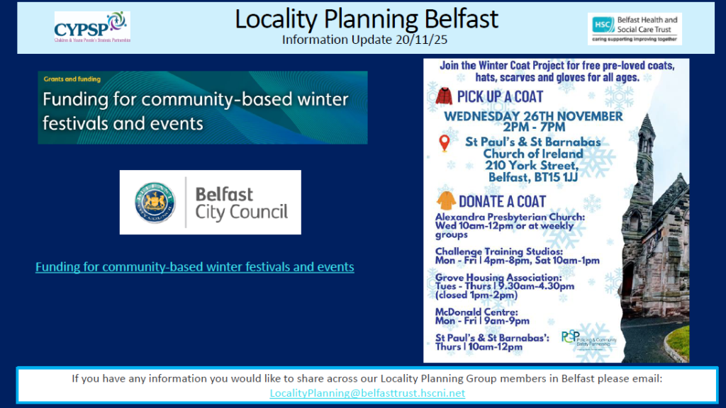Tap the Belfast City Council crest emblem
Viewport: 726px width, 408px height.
point(155,203)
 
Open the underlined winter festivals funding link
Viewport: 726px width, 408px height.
point(194,267)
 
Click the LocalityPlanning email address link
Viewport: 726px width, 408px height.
point(367,393)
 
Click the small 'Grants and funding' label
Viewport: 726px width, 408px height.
point(72,79)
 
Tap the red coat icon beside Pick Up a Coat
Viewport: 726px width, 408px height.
point(444,96)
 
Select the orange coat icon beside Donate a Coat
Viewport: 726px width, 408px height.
point(446,200)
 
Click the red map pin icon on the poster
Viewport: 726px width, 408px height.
point(445,143)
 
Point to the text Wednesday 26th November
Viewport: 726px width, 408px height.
point(533,115)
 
